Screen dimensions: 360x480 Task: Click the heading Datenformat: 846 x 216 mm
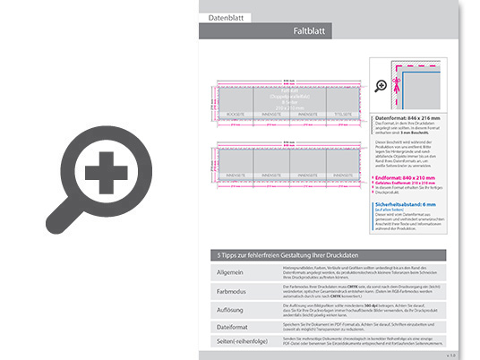(410, 116)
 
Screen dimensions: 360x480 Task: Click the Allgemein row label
(232, 271)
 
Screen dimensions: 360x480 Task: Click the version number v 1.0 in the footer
(450, 354)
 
